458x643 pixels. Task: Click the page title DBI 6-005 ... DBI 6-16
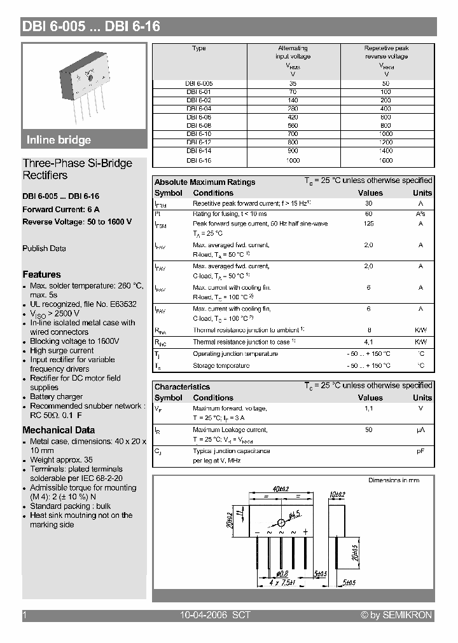pyautogui.click(x=92, y=27)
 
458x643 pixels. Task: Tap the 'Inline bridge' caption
pyautogui.click(x=59, y=140)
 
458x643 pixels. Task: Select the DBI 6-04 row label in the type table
pyautogui.click(x=198, y=109)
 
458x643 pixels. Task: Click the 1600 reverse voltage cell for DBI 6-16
pyautogui.click(x=386, y=160)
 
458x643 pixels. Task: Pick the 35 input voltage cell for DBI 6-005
pyautogui.click(x=293, y=83)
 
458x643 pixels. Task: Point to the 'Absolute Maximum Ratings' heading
pyautogui.click(x=205, y=182)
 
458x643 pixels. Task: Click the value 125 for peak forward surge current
pyautogui.click(x=368, y=224)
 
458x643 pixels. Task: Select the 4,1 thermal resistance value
pyautogui.click(x=368, y=342)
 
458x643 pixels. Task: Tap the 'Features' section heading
pyautogui.click(x=41, y=274)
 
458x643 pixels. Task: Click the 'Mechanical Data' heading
pyautogui.click(x=59, y=430)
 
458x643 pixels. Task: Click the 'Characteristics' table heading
pyautogui.click(x=182, y=386)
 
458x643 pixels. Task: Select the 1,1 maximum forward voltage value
pyautogui.click(x=368, y=409)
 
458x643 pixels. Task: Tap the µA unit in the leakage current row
pyautogui.click(x=420, y=430)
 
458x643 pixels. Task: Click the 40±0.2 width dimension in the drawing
pyautogui.click(x=281, y=489)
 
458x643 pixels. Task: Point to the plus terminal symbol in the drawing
pyautogui.click(x=305, y=531)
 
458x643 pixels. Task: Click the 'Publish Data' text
pyautogui.click(x=44, y=248)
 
